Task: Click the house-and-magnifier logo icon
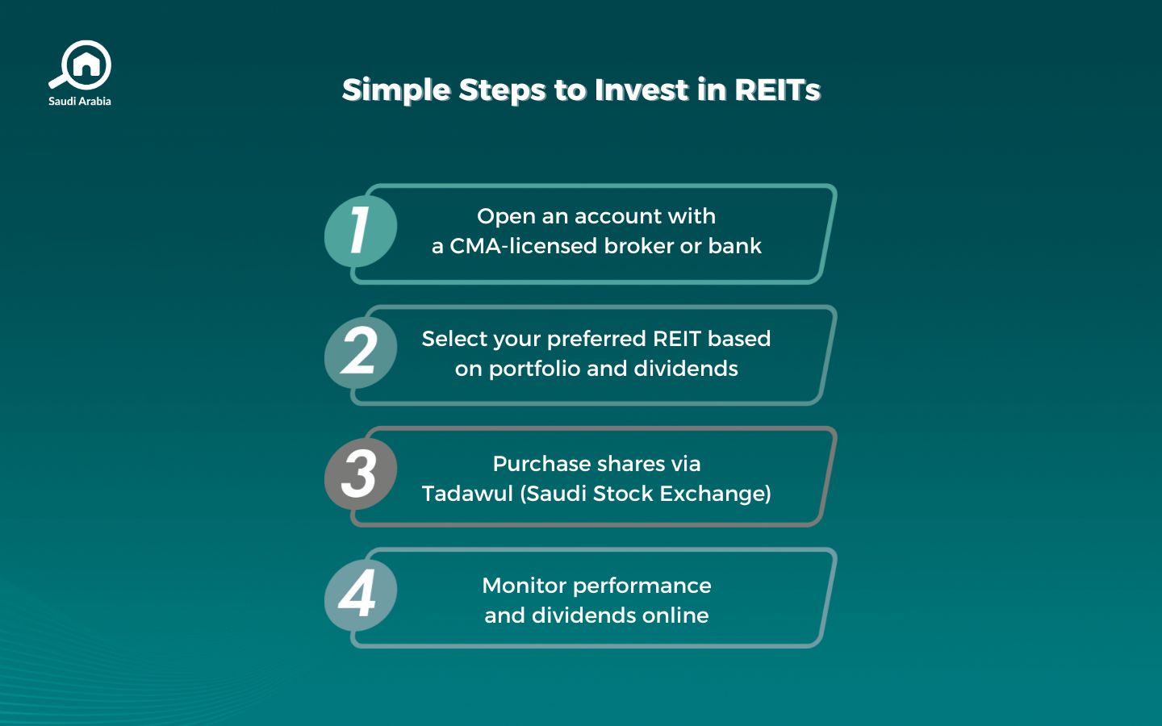click(x=82, y=65)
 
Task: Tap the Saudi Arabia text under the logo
click(x=80, y=102)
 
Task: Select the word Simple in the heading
click(x=395, y=90)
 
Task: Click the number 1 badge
click(x=360, y=231)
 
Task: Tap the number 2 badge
click(x=360, y=353)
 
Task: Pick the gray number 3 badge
click(x=360, y=474)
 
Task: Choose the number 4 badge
click(x=360, y=595)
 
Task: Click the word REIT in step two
click(x=677, y=339)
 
